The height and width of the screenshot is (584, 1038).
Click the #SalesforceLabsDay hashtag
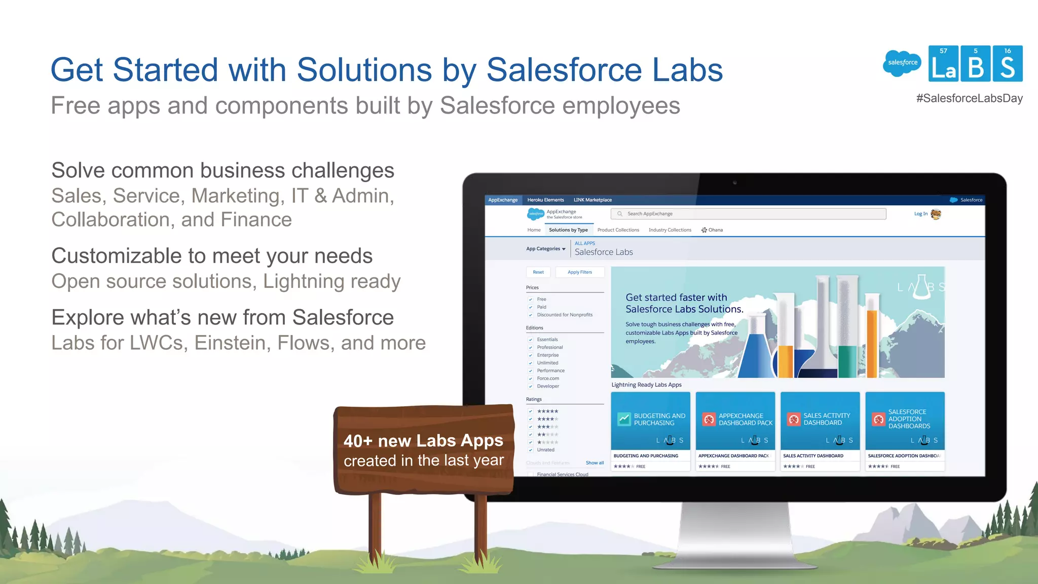969,98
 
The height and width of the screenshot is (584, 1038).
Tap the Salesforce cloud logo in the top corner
902,63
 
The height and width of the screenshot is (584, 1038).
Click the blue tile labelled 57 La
943,64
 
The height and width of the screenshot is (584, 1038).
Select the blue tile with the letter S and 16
1008,64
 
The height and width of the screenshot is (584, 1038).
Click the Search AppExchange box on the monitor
748,214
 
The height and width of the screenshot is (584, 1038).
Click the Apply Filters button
579,272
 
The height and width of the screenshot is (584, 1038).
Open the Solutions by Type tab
568,230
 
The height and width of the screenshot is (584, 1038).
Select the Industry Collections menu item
670,230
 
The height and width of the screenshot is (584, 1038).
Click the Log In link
920,214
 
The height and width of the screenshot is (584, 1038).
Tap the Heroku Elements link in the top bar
545,200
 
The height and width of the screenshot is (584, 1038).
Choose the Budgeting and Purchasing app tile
650,431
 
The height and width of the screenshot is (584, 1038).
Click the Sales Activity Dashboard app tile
820,431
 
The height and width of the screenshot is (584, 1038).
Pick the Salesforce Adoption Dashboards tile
905,431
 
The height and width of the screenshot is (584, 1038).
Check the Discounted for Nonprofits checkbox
531,315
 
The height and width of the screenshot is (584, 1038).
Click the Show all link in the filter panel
595,463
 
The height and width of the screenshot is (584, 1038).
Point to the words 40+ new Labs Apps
423,441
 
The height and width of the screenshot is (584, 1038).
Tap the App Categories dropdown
545,249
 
